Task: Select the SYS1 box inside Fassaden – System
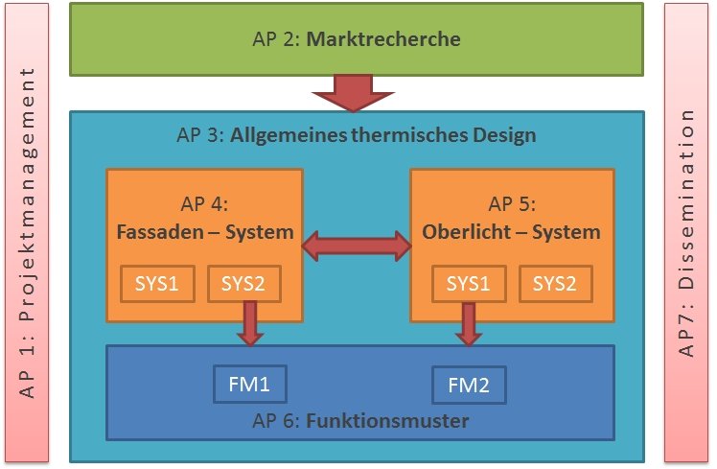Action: coord(156,284)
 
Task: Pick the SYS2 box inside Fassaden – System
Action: coord(244,284)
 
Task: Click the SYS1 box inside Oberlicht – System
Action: coord(468,284)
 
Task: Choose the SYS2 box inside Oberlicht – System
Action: coord(556,284)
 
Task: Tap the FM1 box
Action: coord(249,385)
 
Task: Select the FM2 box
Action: coord(469,386)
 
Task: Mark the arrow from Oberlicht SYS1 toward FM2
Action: coord(469,323)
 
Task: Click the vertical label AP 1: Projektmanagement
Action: coord(27,234)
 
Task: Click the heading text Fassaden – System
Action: coord(204,231)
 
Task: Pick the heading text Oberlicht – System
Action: coord(511,231)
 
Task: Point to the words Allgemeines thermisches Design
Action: coord(382,134)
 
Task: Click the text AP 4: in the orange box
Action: coord(204,204)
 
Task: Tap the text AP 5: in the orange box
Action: coord(512,204)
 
